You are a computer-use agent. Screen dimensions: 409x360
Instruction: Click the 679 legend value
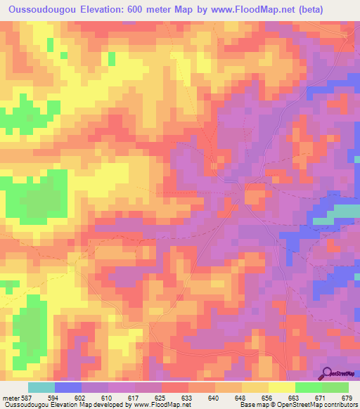[345, 397]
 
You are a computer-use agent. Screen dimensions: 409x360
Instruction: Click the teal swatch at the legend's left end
[41, 387]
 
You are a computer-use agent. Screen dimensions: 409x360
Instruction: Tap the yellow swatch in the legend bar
[281, 387]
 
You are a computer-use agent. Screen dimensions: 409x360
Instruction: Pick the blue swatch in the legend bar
[67, 387]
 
